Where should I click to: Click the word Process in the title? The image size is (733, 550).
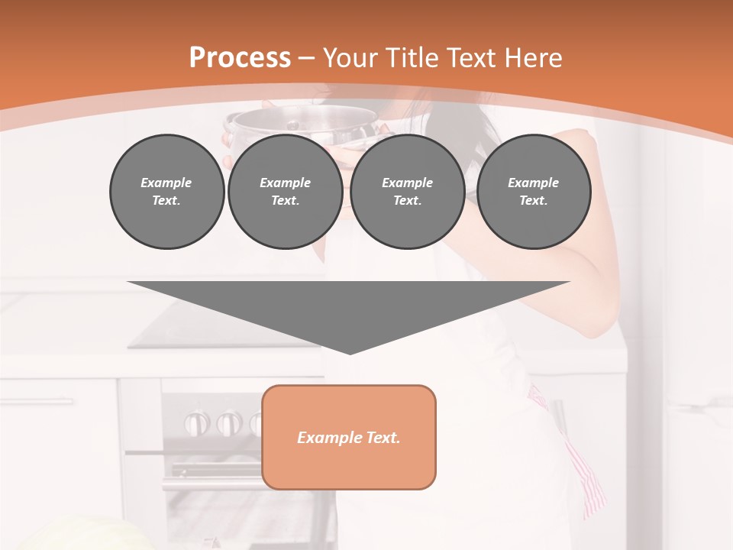pyautogui.click(x=240, y=58)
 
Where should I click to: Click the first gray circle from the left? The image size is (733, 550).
pyautogui.click(x=166, y=191)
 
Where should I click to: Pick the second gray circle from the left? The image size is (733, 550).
pyautogui.click(x=285, y=191)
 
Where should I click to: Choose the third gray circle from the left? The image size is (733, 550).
pyautogui.click(x=407, y=191)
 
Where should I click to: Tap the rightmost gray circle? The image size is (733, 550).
pyautogui.click(x=533, y=191)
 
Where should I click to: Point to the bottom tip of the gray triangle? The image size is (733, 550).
pyautogui.click(x=350, y=353)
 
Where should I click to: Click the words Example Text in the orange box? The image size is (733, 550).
pyautogui.click(x=348, y=438)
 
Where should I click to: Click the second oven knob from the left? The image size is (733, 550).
pyautogui.click(x=228, y=422)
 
